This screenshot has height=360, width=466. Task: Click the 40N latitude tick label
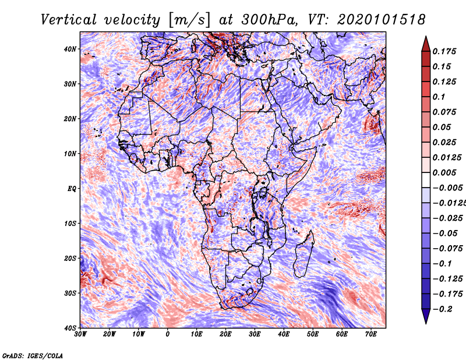pos(70,49)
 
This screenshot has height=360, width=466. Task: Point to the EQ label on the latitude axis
pos(72,189)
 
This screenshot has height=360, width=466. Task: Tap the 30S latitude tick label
pos(70,293)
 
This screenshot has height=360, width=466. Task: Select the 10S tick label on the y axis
pos(70,223)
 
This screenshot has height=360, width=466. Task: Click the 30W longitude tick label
pos(80,334)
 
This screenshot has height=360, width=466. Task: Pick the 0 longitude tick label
pos(168,334)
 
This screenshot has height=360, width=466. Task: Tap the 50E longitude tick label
pos(313,334)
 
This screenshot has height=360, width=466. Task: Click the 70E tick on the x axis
pos(371,334)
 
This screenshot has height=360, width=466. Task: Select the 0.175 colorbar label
pos(444,51)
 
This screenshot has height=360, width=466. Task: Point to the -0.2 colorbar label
pos(442,309)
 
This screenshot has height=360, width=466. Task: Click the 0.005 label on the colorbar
pos(444,172)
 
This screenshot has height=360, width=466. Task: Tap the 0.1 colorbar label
pos(439,97)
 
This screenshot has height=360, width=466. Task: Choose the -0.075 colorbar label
pos(448,248)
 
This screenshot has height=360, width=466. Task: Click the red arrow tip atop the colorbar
pos(426,37)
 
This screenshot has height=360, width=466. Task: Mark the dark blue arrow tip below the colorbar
pos(426,323)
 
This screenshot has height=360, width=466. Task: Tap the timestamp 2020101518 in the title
pos(382,20)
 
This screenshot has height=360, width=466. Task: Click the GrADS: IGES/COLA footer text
pos(33,356)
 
